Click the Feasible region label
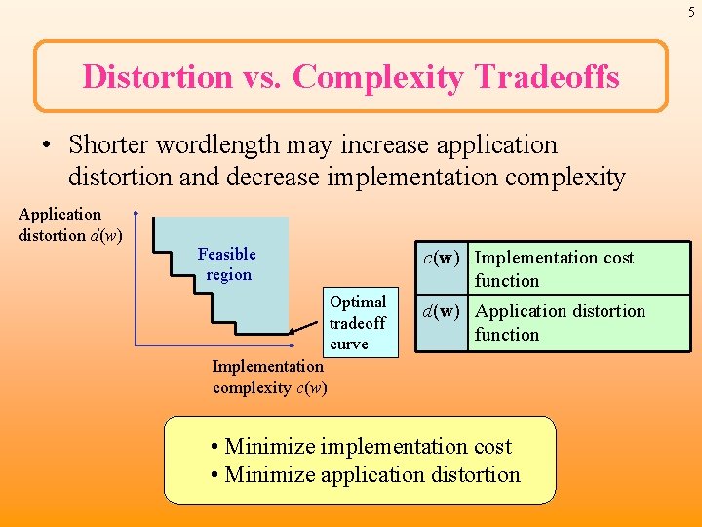[227, 264]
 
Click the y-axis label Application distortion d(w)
[69, 224]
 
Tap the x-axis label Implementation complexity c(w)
[268, 377]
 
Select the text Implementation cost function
[553, 269]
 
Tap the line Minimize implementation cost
[361, 447]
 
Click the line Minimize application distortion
[366, 475]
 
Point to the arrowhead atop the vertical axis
[136, 214]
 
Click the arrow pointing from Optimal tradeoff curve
[302, 333]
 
